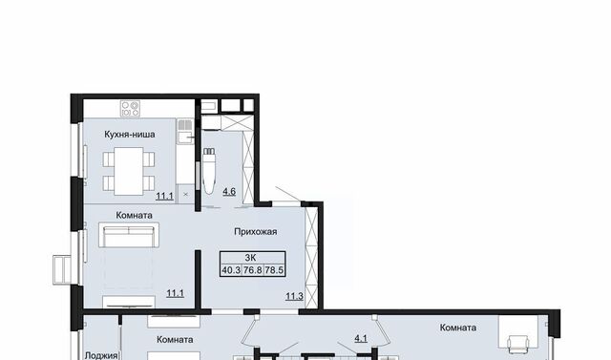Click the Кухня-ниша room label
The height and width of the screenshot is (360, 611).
click(x=130, y=135)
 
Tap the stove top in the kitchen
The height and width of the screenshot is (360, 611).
click(x=130, y=108)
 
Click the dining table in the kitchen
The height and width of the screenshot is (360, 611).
click(x=129, y=171)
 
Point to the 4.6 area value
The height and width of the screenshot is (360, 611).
click(x=229, y=192)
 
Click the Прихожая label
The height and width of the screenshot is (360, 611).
click(x=256, y=232)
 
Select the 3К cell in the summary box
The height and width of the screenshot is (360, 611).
click(x=252, y=258)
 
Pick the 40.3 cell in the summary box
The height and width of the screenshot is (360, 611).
click(x=231, y=270)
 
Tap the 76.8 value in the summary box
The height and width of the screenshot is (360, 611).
click(x=252, y=270)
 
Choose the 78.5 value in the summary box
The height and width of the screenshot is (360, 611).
click(x=274, y=270)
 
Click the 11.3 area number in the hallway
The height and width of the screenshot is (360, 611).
click(x=294, y=296)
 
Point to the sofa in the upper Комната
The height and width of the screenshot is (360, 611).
click(x=129, y=235)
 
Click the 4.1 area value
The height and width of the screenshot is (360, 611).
click(x=361, y=339)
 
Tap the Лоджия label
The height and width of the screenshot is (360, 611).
click(x=101, y=355)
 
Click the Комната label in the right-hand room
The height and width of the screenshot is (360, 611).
click(x=458, y=328)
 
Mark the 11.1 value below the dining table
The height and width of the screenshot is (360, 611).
click(x=164, y=196)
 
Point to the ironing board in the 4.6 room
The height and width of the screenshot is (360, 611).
click(x=210, y=170)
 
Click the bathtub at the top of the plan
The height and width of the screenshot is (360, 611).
click(x=208, y=106)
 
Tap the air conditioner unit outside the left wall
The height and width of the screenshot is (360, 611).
click(x=61, y=270)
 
